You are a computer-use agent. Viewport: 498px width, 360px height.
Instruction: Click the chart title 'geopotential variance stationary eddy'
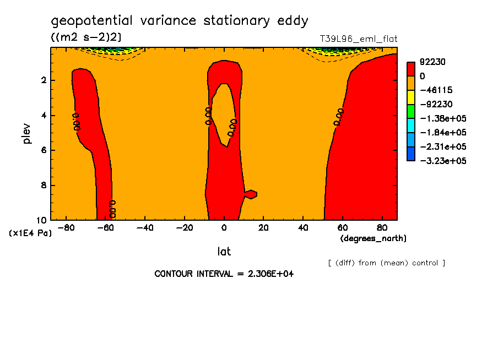pyautogui.click(x=180, y=21)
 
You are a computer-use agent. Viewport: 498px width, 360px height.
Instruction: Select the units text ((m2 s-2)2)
pyautogui.click(x=86, y=37)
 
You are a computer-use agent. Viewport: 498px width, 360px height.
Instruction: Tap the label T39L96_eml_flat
pyautogui.click(x=359, y=39)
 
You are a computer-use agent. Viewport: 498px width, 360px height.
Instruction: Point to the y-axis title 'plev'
pyautogui.click(x=27, y=133)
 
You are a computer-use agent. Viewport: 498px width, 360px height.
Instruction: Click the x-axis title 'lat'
pyautogui.click(x=224, y=252)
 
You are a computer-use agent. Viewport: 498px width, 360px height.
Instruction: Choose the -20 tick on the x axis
pyautogui.click(x=184, y=227)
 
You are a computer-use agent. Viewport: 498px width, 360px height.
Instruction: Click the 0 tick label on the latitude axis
pyautogui.click(x=224, y=227)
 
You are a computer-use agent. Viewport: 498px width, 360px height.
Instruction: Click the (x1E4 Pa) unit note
pyautogui.click(x=31, y=233)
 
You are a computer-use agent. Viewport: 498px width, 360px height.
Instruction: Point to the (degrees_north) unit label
pyautogui.click(x=373, y=238)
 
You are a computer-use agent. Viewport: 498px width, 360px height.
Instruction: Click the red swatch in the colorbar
pyautogui.click(x=411, y=69)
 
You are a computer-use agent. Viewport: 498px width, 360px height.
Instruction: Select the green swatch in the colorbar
pyautogui.click(x=411, y=112)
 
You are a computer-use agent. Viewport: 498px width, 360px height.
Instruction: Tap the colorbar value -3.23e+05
pyautogui.click(x=443, y=161)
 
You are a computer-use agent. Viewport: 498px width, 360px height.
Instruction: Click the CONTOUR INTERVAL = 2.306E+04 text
pyautogui.click(x=224, y=274)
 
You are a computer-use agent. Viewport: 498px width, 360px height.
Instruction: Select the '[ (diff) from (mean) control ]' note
pyautogui.click(x=386, y=263)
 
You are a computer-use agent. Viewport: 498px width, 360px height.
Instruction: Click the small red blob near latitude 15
pyautogui.click(x=251, y=194)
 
